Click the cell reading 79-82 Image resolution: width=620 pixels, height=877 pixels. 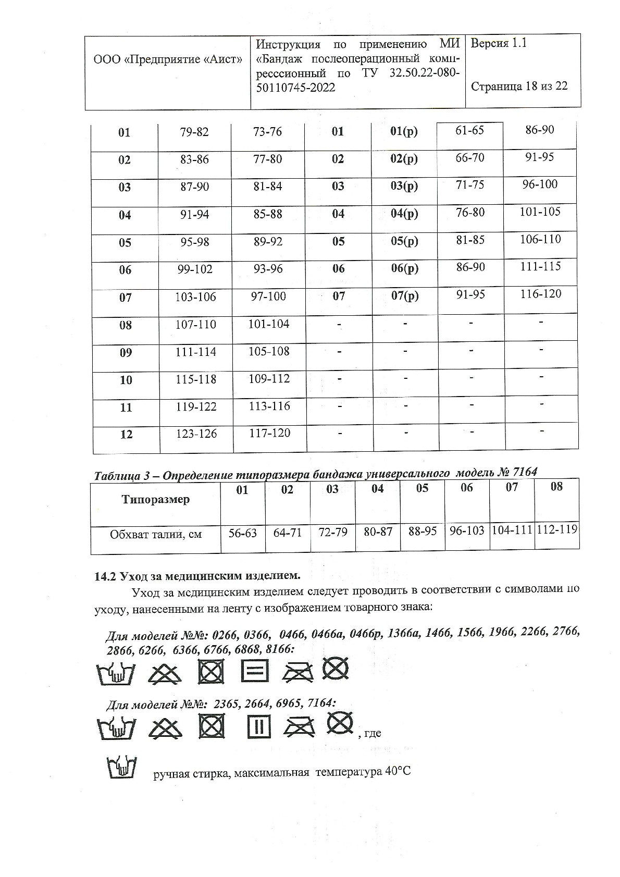(194, 132)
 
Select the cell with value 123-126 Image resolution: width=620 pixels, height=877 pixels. (196, 434)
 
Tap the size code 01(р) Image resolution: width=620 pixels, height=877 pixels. (404, 132)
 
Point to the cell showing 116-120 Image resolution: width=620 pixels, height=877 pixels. (541, 294)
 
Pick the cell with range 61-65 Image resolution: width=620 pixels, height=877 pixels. (470, 130)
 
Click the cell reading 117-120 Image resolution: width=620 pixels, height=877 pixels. (269, 433)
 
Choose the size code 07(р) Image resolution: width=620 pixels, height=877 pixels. (404, 296)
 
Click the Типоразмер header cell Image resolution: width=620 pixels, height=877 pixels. (155, 500)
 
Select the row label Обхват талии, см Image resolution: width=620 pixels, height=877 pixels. (155, 534)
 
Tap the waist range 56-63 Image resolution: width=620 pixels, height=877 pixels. (243, 533)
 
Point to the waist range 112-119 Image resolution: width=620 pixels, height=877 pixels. (556, 530)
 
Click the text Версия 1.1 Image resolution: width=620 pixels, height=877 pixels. (499, 44)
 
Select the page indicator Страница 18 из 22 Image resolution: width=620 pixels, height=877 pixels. (519, 87)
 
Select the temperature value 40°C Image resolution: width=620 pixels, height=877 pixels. (398, 771)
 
